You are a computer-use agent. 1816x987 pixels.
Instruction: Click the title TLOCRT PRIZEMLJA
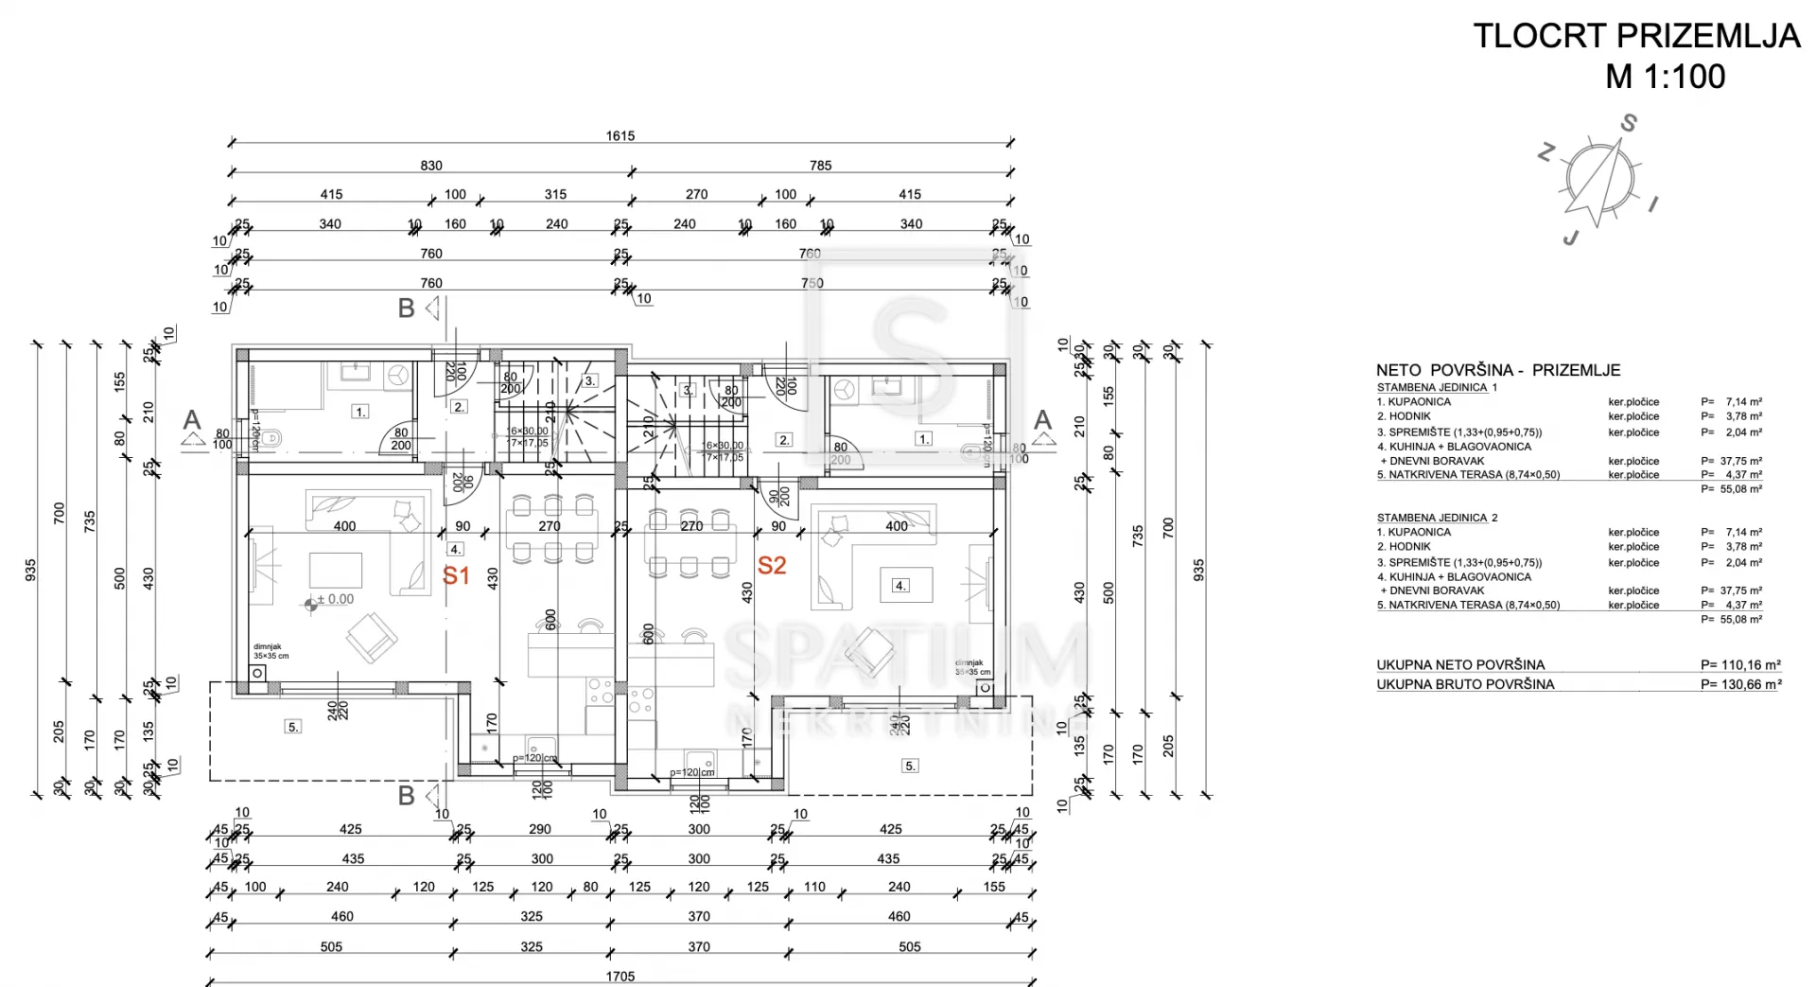click(x=1636, y=36)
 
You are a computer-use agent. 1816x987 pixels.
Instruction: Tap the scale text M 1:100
click(x=1665, y=77)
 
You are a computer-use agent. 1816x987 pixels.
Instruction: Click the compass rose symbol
click(x=1598, y=179)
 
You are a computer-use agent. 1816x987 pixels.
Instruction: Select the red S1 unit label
click(x=456, y=575)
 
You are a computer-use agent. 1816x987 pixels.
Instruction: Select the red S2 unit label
click(x=772, y=566)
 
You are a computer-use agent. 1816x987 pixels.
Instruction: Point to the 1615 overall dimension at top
click(x=620, y=136)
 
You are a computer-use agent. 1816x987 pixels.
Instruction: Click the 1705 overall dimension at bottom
click(x=620, y=976)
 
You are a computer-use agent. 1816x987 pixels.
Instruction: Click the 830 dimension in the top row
click(x=431, y=166)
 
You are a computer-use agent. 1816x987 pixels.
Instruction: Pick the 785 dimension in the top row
click(x=820, y=166)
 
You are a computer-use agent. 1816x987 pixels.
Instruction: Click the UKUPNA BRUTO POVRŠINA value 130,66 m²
click(x=1740, y=684)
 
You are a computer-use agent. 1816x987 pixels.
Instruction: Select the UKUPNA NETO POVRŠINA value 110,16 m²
click(x=1740, y=664)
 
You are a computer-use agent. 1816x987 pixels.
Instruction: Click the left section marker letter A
click(x=192, y=420)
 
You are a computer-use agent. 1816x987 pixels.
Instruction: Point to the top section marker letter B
click(x=406, y=308)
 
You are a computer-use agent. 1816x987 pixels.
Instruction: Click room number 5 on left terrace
click(x=293, y=727)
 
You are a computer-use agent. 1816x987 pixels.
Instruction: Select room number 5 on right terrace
click(x=910, y=766)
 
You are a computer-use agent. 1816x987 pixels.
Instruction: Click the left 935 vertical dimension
click(x=31, y=570)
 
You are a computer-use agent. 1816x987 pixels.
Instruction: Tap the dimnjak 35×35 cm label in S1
click(x=271, y=651)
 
